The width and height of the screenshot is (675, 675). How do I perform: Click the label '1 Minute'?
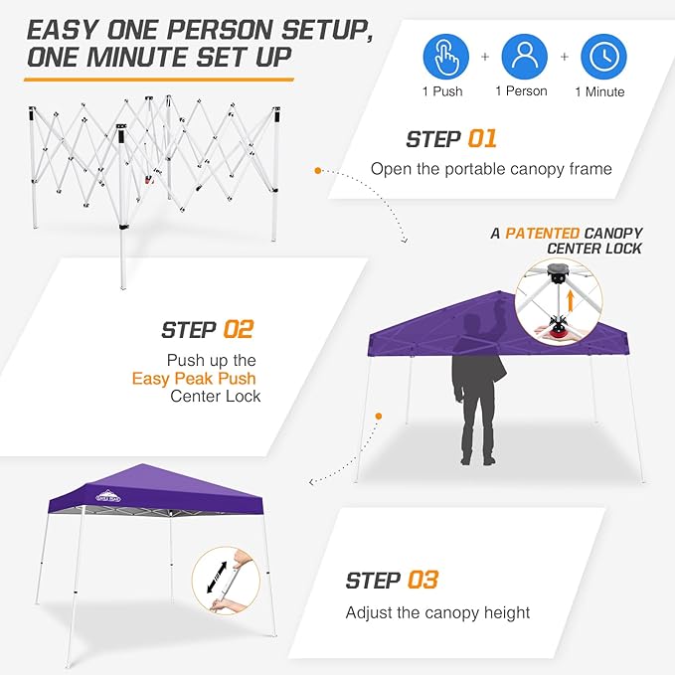(x=599, y=91)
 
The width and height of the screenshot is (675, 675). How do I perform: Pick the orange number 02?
(x=239, y=329)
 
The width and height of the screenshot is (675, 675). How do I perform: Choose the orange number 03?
(x=422, y=580)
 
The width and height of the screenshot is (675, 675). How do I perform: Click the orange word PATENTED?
(x=544, y=233)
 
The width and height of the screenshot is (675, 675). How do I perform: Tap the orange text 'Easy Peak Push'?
(x=194, y=378)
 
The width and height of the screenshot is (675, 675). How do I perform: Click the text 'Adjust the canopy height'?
(x=437, y=612)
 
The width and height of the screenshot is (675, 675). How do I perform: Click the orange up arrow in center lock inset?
(x=571, y=298)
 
